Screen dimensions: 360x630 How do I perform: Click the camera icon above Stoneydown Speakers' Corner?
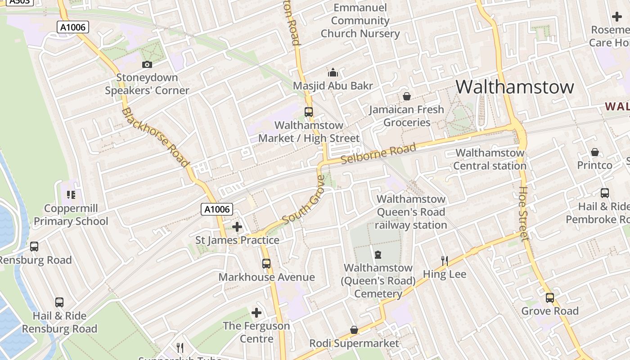click(x=147, y=65)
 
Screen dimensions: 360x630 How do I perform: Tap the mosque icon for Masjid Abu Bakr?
click(x=333, y=72)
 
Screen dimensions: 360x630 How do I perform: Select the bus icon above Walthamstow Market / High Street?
click(x=308, y=112)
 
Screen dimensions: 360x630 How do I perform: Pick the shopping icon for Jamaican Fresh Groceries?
click(x=407, y=96)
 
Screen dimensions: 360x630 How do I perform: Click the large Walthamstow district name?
click(x=515, y=87)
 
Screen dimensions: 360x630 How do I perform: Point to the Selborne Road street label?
click(x=378, y=154)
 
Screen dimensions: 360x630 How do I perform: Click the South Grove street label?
click(x=304, y=201)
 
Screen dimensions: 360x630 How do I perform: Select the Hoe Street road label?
click(x=523, y=213)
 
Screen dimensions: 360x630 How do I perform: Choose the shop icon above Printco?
click(x=595, y=152)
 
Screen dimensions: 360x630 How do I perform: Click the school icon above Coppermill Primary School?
click(x=71, y=195)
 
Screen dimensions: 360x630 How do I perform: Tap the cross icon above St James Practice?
click(x=237, y=227)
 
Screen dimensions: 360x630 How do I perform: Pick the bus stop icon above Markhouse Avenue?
click(x=266, y=264)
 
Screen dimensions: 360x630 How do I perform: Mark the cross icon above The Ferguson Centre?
click(x=256, y=312)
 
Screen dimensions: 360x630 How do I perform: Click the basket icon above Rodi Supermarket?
click(x=354, y=330)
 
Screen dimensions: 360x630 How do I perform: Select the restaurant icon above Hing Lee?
click(x=444, y=261)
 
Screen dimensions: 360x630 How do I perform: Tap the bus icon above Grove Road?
click(x=549, y=298)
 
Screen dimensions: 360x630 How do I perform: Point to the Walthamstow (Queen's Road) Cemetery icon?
click(x=378, y=255)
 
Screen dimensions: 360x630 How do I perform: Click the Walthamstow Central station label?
click(x=490, y=159)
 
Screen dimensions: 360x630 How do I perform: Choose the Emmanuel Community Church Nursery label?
click(x=360, y=21)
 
